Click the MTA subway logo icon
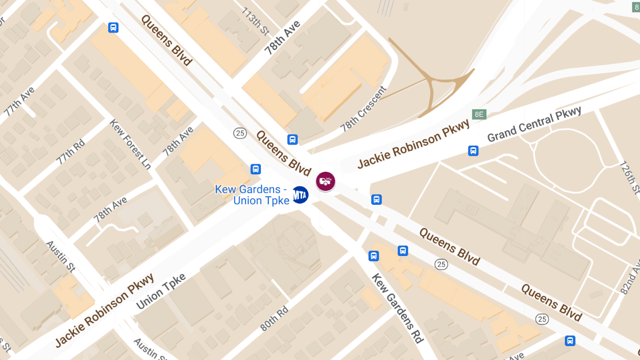click(300, 195)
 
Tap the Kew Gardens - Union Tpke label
click(252, 195)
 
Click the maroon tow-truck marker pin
click(325, 181)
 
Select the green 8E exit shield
click(479, 114)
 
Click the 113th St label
click(255, 21)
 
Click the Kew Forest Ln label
click(130, 143)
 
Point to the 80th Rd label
click(274, 318)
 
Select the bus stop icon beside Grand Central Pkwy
click(473, 150)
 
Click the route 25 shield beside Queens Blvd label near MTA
click(240, 133)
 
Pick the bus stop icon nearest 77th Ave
click(113, 27)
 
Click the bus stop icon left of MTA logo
click(255, 169)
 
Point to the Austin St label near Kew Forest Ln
click(59, 254)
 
